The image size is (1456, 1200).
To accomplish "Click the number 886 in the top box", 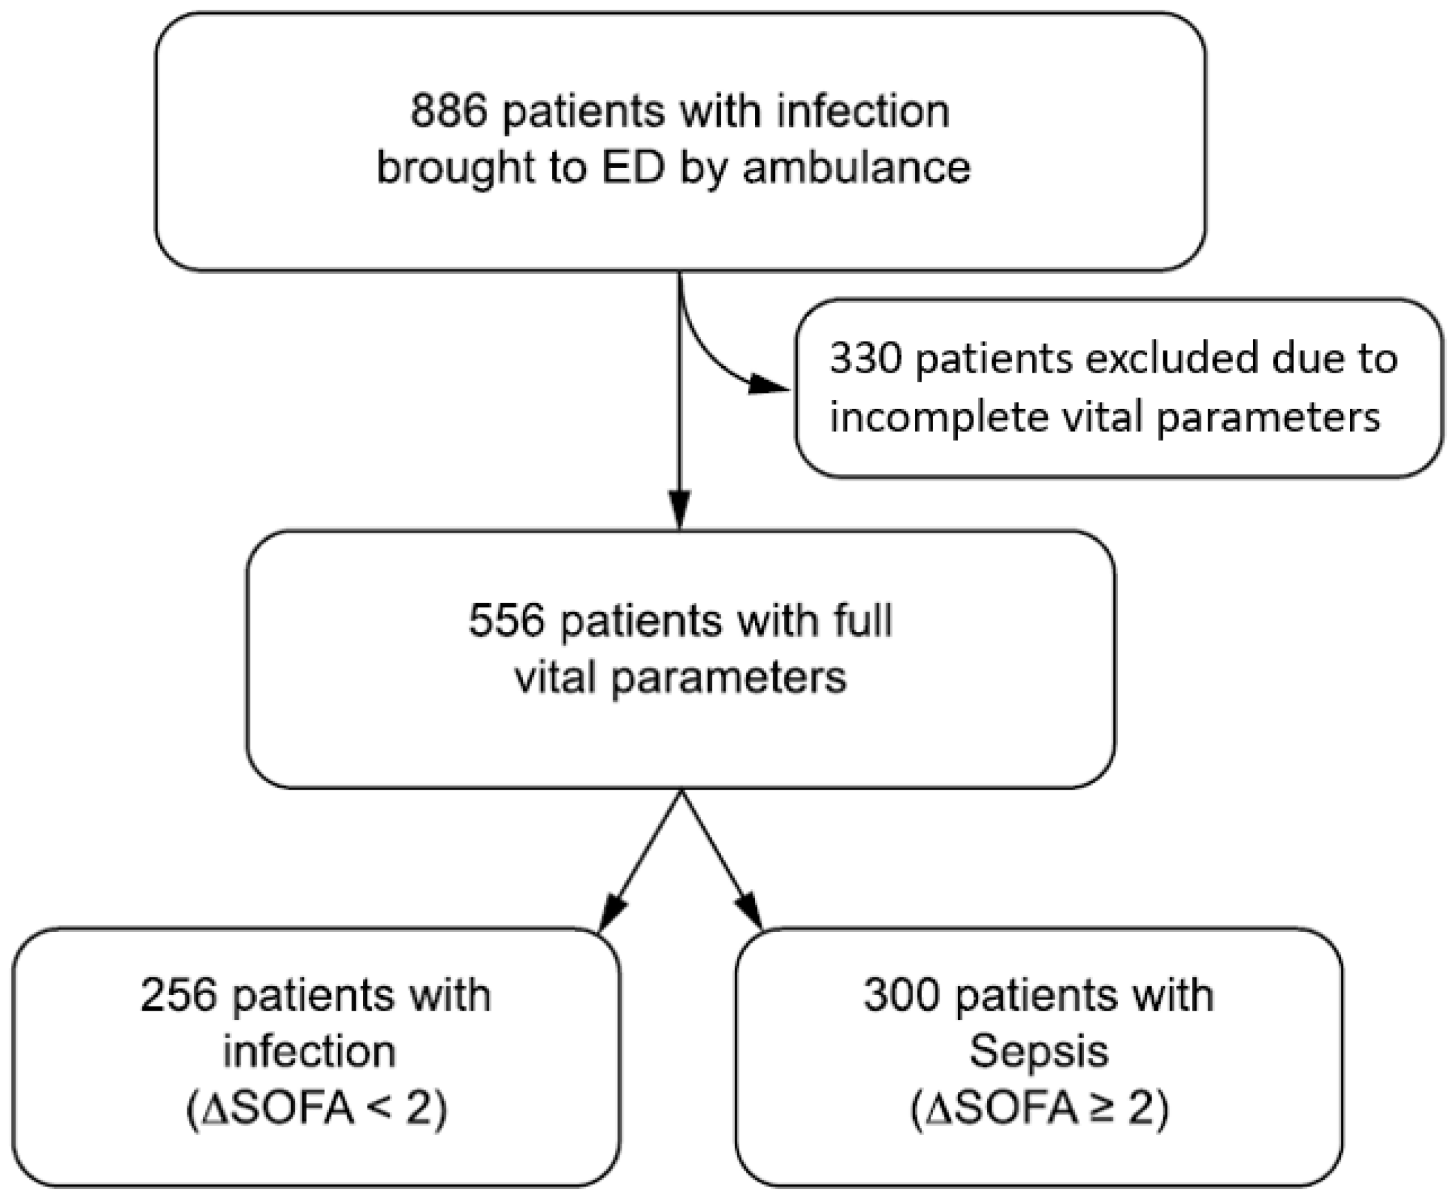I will click(449, 111).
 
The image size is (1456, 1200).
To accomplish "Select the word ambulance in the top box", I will click(856, 168).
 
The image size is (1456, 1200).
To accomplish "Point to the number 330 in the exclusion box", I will click(865, 359).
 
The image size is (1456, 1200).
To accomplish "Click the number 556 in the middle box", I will click(507, 619).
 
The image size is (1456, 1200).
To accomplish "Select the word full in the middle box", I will click(864, 619).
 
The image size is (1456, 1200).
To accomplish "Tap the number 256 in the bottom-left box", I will click(178, 996).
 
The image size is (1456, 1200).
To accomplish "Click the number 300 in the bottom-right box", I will click(902, 996).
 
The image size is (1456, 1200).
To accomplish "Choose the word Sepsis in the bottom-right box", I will click(1039, 1052).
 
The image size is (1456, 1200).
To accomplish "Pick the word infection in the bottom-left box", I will click(309, 1052).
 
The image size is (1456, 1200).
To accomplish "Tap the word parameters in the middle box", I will click(728, 678).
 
